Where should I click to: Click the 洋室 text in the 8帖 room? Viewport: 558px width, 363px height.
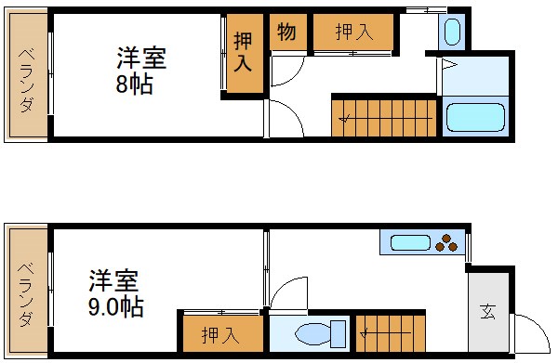(141, 58)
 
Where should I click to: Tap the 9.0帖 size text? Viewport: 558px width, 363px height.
(116, 305)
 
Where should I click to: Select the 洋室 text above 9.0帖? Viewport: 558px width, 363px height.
(114, 279)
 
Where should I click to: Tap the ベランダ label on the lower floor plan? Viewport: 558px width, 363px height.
(26, 292)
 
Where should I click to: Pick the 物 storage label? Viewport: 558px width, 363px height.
(286, 32)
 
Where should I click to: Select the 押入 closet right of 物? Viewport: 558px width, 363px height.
(352, 32)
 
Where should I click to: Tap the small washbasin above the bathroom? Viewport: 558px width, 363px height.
(451, 32)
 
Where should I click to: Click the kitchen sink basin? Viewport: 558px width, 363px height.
(409, 243)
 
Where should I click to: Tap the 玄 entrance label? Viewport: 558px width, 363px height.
(488, 311)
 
